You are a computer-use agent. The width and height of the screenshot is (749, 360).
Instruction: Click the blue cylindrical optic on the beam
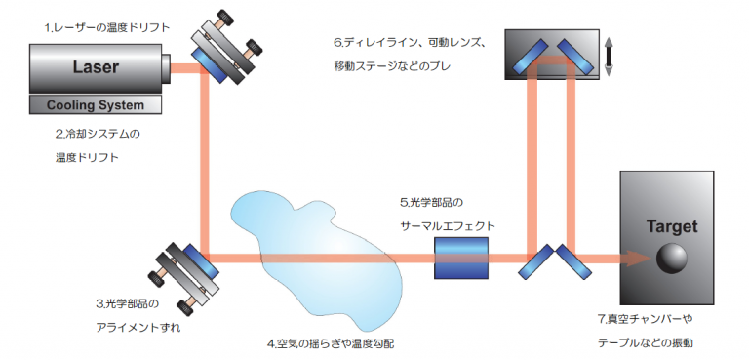[x=460, y=259]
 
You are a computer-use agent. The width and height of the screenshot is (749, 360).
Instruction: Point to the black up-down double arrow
[x=608, y=55]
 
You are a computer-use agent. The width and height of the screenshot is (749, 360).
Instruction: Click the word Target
[x=673, y=226]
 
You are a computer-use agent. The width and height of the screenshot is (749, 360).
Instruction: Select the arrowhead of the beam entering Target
[x=638, y=259]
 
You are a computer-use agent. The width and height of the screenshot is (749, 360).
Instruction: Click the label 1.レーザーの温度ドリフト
[x=99, y=27]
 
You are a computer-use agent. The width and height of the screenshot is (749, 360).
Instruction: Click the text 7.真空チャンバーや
[x=645, y=319]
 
